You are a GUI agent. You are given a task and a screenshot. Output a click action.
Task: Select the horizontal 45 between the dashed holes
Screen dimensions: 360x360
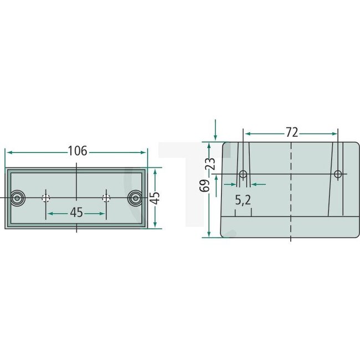(x=76, y=213)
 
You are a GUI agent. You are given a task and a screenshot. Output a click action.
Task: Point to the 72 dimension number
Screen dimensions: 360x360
(x=291, y=132)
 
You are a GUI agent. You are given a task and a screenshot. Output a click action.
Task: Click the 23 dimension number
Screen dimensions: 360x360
(x=209, y=164)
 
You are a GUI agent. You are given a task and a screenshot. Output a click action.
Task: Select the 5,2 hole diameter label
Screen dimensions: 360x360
(x=243, y=200)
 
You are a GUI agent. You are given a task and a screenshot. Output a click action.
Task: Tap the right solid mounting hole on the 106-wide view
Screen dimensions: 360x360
(x=135, y=198)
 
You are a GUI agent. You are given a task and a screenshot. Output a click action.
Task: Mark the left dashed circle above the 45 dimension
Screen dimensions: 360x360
(x=47, y=198)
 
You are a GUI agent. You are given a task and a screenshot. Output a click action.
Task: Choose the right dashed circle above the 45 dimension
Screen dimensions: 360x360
(x=106, y=198)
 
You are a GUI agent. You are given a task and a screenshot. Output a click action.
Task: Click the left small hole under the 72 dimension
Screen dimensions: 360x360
(x=243, y=174)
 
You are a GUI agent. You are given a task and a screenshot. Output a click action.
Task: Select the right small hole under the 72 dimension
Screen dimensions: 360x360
(x=338, y=174)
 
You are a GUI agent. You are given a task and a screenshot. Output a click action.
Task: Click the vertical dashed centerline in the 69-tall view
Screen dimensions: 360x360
(x=291, y=188)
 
